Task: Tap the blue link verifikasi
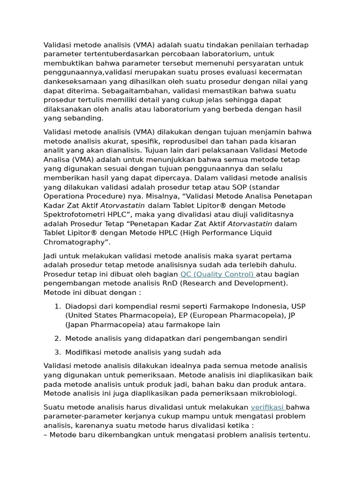point(268,407)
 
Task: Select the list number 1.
point(57,307)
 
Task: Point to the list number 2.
point(57,338)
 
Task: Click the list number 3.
point(57,352)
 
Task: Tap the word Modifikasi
point(83,352)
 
